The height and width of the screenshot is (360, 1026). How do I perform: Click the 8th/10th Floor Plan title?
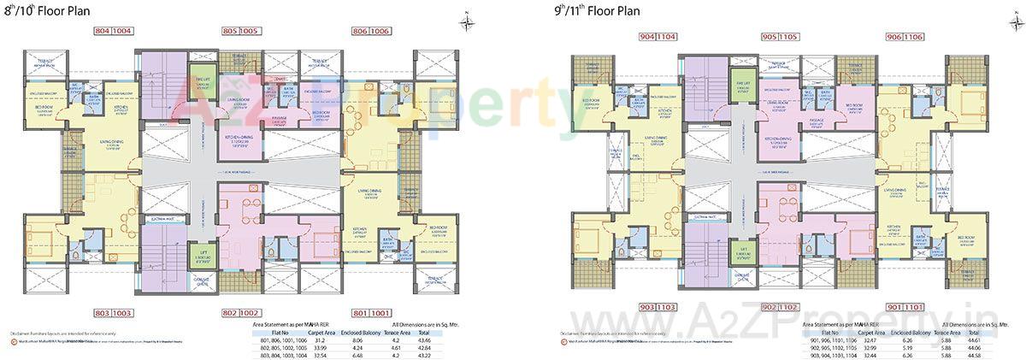[42, 11]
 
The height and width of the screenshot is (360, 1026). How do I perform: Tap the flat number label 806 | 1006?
[369, 31]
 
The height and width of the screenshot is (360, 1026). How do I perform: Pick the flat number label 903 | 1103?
[656, 305]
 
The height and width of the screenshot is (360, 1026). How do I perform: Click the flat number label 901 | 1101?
[905, 305]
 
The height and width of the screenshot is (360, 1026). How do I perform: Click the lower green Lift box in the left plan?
[202, 254]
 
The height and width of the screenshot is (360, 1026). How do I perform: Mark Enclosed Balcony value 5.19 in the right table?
[908, 347]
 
